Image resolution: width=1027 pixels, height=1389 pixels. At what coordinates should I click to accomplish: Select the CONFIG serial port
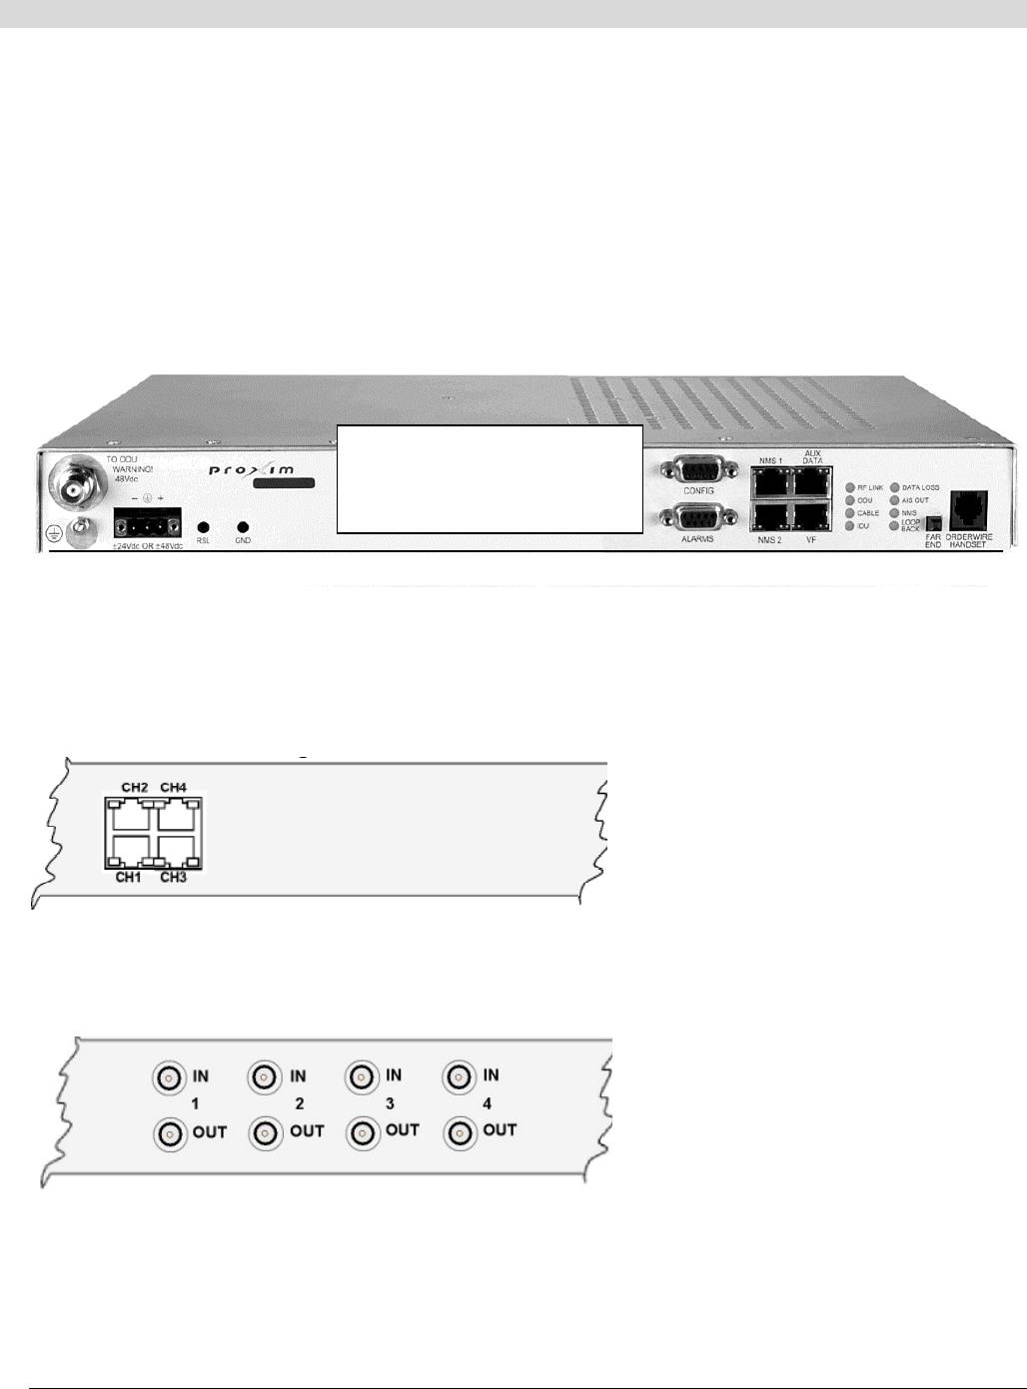[x=697, y=470]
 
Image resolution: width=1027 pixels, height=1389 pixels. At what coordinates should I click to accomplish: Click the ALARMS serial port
[x=697, y=519]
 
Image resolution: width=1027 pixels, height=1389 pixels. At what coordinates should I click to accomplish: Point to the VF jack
[x=811, y=515]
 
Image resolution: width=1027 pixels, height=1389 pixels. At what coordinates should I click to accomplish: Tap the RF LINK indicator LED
[x=850, y=488]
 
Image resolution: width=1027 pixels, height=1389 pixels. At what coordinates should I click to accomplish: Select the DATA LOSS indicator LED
[x=895, y=488]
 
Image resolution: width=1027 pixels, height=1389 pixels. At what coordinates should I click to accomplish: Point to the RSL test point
[x=203, y=527]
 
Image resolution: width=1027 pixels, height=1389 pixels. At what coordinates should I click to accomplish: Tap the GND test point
[x=243, y=527]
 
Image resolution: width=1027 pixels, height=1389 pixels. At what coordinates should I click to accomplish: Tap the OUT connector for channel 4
[x=460, y=1133]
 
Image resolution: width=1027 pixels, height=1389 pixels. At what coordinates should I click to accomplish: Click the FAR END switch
[x=934, y=524]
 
